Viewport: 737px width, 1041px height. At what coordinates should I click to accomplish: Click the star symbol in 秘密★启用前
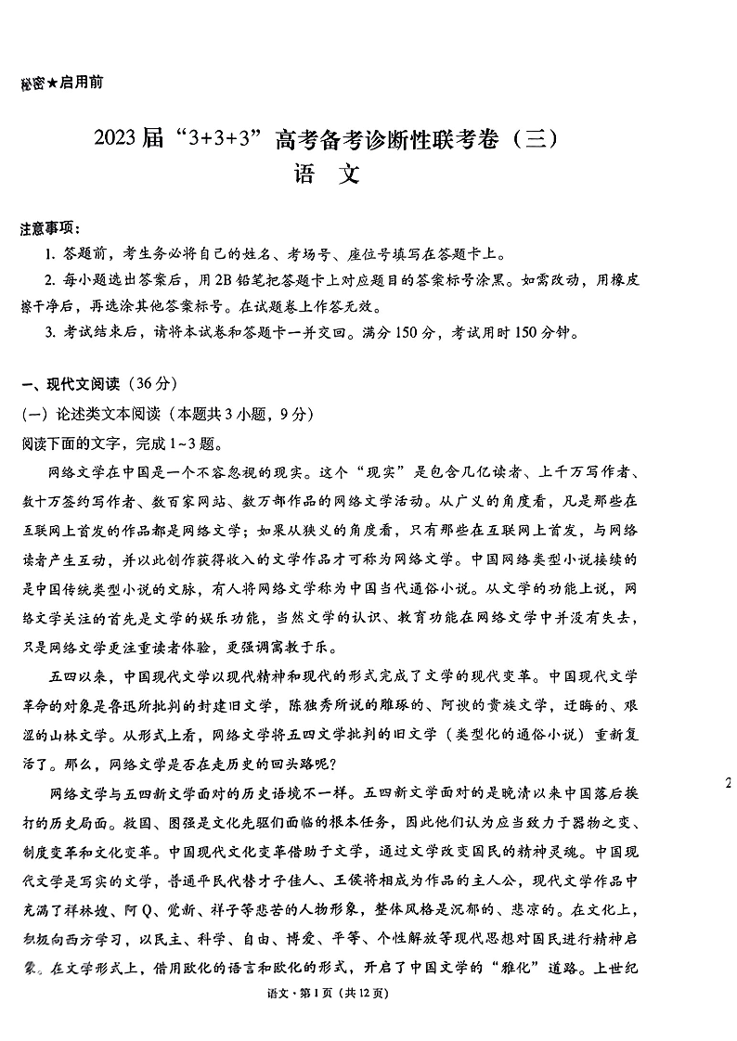tap(52, 83)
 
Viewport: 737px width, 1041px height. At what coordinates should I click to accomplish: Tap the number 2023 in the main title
tap(120, 141)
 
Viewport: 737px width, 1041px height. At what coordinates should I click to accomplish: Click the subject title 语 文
tap(326, 175)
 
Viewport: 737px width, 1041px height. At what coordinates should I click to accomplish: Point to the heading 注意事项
tap(49, 229)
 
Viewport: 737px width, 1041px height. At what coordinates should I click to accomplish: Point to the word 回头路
tap(283, 764)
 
